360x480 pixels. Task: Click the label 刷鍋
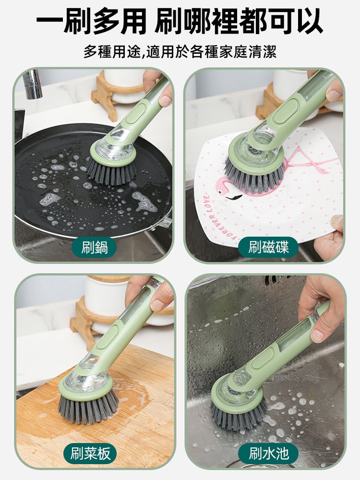[94, 248]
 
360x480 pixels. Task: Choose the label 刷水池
[268, 453]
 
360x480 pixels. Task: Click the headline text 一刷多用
[91, 22]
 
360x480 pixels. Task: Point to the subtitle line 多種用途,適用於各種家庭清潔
[180, 51]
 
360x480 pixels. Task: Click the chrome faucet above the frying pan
[33, 84]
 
